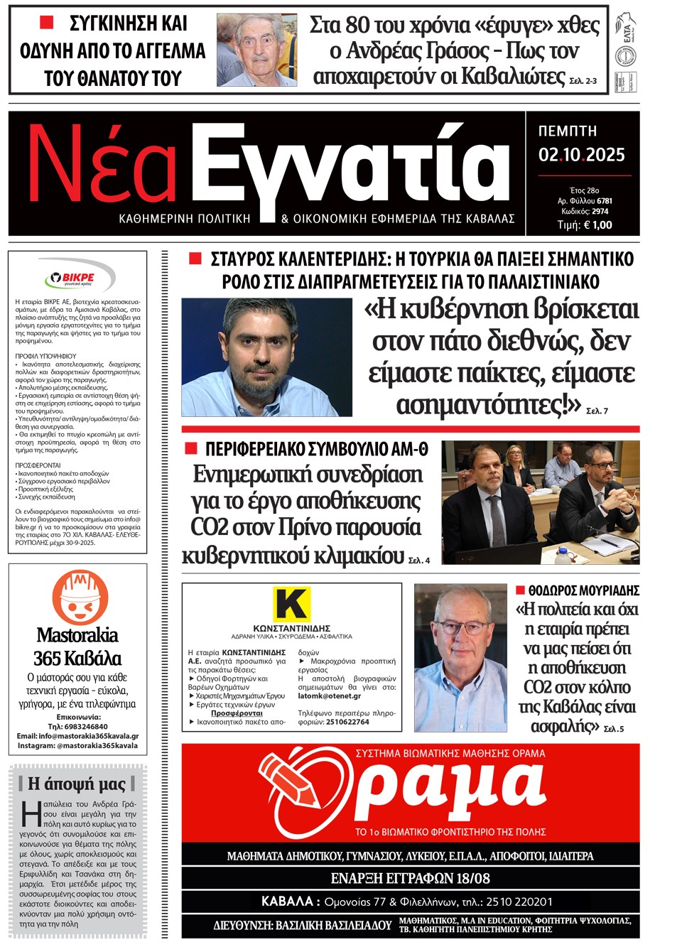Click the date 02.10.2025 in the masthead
click(x=581, y=155)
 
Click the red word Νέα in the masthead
click(x=102, y=166)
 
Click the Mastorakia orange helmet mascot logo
click(x=80, y=597)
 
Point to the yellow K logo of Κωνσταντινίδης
click(x=291, y=604)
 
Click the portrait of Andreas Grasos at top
click(x=256, y=50)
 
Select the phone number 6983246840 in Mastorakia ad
click(x=78, y=727)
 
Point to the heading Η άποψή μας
click(x=77, y=784)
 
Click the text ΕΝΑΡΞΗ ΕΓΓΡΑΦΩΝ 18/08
click(x=410, y=879)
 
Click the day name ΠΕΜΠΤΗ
click(x=568, y=131)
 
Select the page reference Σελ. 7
click(x=597, y=411)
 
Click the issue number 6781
click(x=604, y=201)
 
